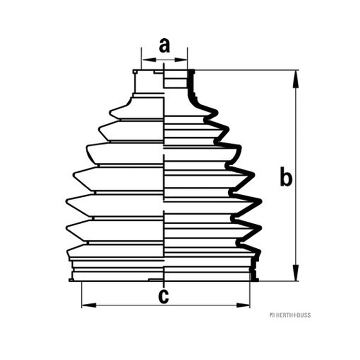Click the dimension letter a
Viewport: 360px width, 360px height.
[164, 46]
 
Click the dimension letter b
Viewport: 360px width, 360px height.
[286, 176]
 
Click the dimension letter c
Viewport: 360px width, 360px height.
[164, 296]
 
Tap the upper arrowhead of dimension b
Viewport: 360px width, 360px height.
[296, 79]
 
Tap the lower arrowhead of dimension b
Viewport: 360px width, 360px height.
[296, 273]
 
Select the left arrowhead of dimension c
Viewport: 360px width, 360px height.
[89, 305]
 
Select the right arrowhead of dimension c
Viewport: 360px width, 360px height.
[243, 305]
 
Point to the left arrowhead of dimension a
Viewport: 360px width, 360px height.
[149, 60]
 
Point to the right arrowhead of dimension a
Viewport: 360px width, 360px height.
[181, 60]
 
